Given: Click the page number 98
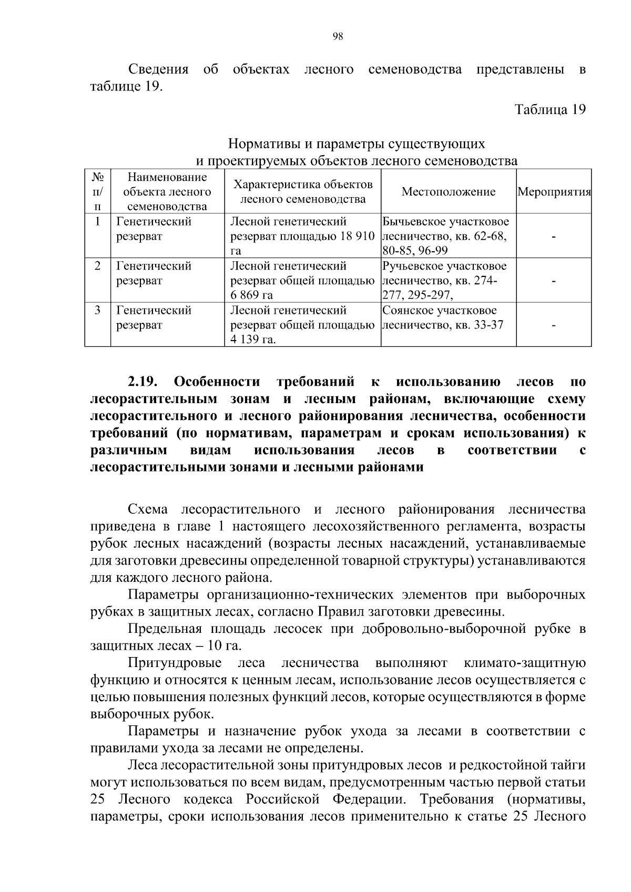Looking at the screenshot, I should point(338,36).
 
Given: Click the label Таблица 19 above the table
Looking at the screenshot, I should point(550,110).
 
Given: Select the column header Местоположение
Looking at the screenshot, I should point(448,192).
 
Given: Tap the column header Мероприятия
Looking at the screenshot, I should point(554,192).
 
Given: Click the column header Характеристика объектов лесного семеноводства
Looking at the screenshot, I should point(302,192).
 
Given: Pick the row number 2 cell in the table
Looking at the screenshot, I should point(97,266).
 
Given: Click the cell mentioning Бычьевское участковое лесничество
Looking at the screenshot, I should point(448,236).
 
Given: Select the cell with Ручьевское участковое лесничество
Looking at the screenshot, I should point(448,280).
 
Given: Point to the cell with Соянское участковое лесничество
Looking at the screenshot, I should point(448,317).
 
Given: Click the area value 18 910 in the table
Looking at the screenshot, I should point(356,237).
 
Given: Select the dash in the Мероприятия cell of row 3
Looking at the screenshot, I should point(554,325).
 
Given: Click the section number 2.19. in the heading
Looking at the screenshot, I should point(143,382).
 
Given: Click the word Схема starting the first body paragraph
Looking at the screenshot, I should point(148,509).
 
